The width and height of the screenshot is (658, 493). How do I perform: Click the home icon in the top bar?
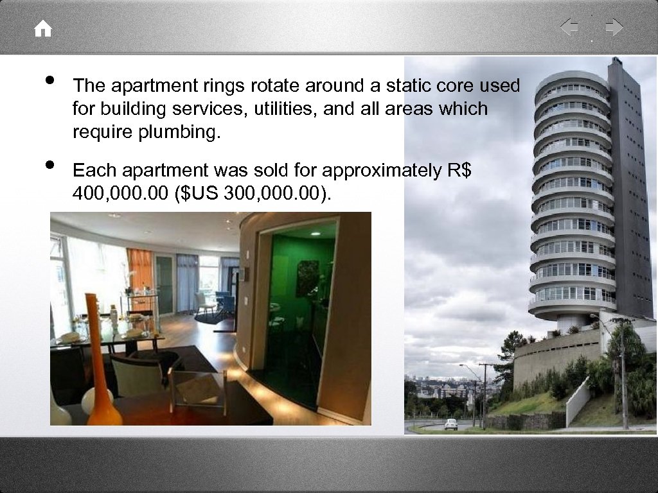[x=43, y=29]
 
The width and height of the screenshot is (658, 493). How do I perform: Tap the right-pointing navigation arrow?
[x=614, y=28]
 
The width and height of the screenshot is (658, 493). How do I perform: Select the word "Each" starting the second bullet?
[x=94, y=170]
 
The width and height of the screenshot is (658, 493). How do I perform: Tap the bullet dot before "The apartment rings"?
[x=49, y=81]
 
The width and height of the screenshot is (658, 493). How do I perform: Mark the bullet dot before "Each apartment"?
[x=49, y=166]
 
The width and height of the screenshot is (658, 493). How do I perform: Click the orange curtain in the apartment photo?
[x=139, y=270]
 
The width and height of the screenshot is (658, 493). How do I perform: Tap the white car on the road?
[x=451, y=424]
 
